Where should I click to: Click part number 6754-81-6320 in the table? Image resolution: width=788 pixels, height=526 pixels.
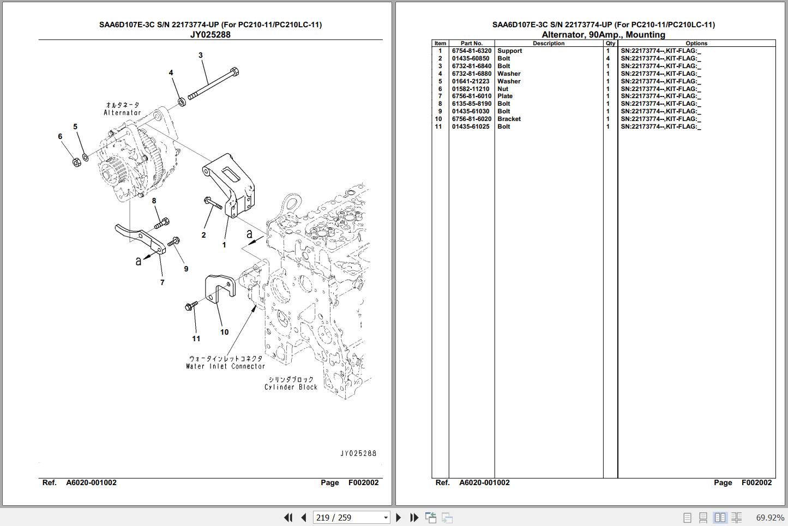click(x=471, y=51)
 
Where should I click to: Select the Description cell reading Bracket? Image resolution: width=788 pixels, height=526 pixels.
click(x=509, y=119)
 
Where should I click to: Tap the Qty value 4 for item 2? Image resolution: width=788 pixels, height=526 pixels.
click(x=608, y=58)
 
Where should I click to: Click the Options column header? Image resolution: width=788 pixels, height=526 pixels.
click(x=696, y=43)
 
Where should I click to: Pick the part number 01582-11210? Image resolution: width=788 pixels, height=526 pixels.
click(x=471, y=89)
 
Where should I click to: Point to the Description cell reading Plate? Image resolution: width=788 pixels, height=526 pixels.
click(x=505, y=96)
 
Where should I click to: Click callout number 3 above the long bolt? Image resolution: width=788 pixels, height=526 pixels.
click(x=201, y=55)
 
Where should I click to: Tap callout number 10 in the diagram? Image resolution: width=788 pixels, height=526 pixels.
click(x=225, y=332)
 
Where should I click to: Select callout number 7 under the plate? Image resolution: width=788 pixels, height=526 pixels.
click(x=162, y=282)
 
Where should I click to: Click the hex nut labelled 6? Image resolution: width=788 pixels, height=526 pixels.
click(x=76, y=162)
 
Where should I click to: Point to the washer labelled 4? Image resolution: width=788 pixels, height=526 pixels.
click(x=182, y=102)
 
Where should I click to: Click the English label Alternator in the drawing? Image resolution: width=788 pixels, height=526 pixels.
click(x=122, y=112)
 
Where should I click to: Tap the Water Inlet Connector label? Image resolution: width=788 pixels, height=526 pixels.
click(x=226, y=366)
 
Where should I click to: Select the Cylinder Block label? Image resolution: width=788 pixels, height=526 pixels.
click(x=291, y=387)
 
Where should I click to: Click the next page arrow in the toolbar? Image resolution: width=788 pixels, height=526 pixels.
click(x=398, y=518)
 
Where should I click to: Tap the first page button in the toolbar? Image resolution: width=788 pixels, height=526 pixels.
click(x=288, y=518)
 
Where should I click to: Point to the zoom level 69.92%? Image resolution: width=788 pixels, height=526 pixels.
click(x=770, y=518)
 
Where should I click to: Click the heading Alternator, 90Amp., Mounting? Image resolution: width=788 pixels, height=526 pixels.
click(x=603, y=34)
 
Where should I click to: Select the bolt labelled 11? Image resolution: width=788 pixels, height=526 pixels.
click(x=191, y=306)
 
